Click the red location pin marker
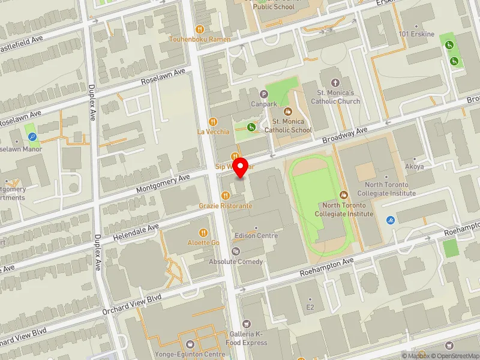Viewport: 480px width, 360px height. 241,168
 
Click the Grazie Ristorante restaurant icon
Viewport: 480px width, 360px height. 226,195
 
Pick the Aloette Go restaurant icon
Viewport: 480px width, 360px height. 204,232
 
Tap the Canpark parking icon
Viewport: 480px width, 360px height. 263,94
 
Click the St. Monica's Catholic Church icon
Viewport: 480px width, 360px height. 335,82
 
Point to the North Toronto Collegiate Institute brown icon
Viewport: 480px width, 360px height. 344,195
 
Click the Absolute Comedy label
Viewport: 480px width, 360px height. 236,262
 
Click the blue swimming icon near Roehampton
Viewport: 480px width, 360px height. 391,220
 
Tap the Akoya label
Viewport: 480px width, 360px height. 415,167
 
